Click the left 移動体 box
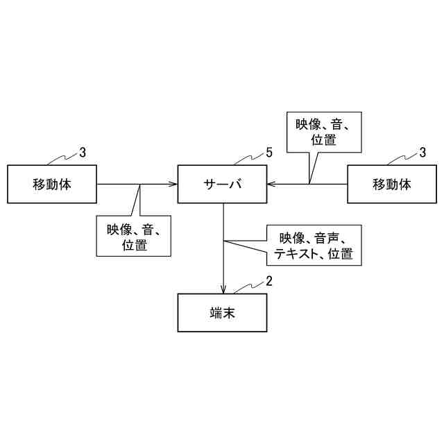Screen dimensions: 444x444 [x=52, y=185]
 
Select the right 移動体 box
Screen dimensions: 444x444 [x=392, y=185]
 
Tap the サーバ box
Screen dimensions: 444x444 [x=223, y=185]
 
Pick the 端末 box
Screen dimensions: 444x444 [x=223, y=314]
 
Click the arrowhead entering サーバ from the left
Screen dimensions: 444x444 [x=173, y=185]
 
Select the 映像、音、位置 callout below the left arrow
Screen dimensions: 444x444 [x=134, y=236]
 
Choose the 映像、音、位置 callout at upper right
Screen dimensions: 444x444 [x=324, y=132]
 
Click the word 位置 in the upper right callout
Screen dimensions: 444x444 [x=324, y=139]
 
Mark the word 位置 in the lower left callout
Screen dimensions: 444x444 [x=134, y=244]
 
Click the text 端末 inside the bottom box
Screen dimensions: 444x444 [x=223, y=314]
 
